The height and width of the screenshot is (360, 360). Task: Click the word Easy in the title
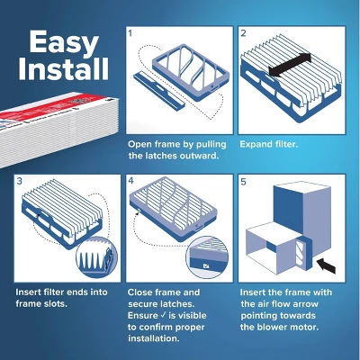pos(62,41)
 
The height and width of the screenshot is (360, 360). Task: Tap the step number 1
pos(130,34)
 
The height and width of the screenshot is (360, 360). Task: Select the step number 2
pos(244,34)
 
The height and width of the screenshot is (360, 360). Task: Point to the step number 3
pos(19,181)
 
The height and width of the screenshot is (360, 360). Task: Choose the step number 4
pos(130,181)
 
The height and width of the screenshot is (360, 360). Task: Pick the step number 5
pos(244,181)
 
